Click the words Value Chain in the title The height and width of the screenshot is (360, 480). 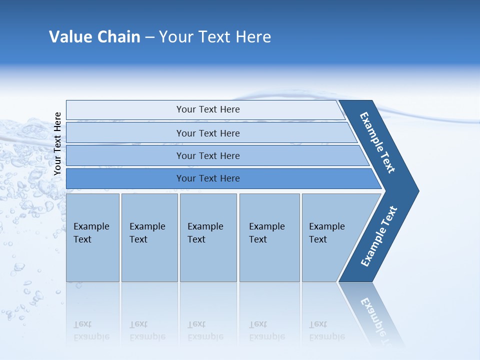94,37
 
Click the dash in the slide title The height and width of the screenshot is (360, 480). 149,37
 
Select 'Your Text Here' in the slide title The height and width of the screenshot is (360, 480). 215,37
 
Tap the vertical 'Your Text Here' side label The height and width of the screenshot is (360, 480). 57,143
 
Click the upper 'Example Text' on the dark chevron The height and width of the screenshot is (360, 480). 377,142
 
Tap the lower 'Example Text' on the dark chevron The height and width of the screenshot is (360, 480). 379,236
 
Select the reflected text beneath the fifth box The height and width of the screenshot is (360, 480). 326,330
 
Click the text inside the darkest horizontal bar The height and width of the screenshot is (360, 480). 208,178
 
